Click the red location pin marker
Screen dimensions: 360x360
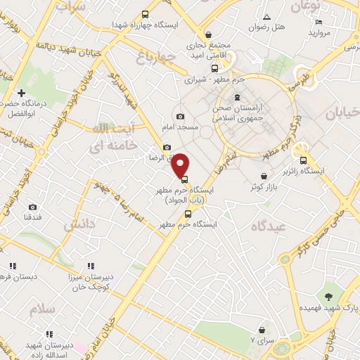[181, 165]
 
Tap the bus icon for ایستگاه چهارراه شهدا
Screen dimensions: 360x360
[146, 14]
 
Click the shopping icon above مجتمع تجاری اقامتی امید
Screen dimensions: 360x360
[208, 34]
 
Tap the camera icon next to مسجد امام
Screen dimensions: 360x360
[181, 116]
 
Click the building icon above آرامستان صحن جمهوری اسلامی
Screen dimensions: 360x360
[237, 96]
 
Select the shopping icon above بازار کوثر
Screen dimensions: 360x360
[264, 176]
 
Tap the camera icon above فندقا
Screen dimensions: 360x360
[32, 207]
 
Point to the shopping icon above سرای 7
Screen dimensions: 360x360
[262, 329]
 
